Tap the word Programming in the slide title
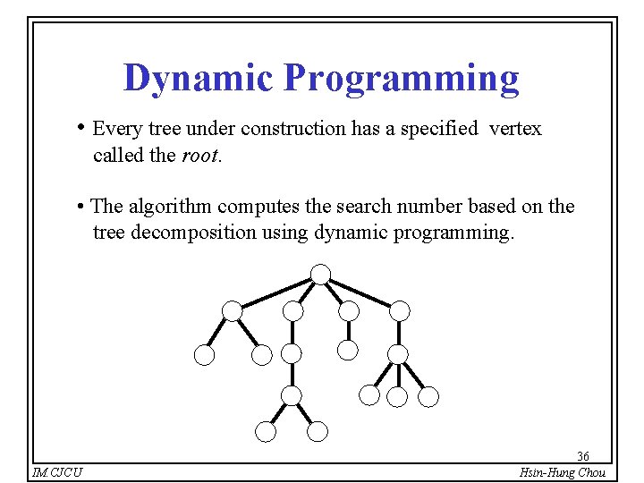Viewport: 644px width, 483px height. [x=401, y=80]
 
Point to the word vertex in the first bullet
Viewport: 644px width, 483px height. [x=514, y=129]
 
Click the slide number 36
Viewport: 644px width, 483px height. [x=583, y=455]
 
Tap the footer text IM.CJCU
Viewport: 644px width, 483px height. [x=56, y=472]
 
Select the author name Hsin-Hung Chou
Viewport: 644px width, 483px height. [x=563, y=472]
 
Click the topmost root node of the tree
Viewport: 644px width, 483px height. [x=320, y=274]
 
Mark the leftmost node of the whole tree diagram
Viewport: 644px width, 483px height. [x=205, y=354]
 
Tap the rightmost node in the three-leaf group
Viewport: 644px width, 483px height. [x=429, y=395]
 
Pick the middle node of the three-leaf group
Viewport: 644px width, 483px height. [x=399, y=395]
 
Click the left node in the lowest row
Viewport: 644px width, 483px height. [x=266, y=432]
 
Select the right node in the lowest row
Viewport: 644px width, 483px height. [x=318, y=432]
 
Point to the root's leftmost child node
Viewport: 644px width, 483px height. [x=233, y=311]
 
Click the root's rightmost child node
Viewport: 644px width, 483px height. [x=400, y=311]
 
